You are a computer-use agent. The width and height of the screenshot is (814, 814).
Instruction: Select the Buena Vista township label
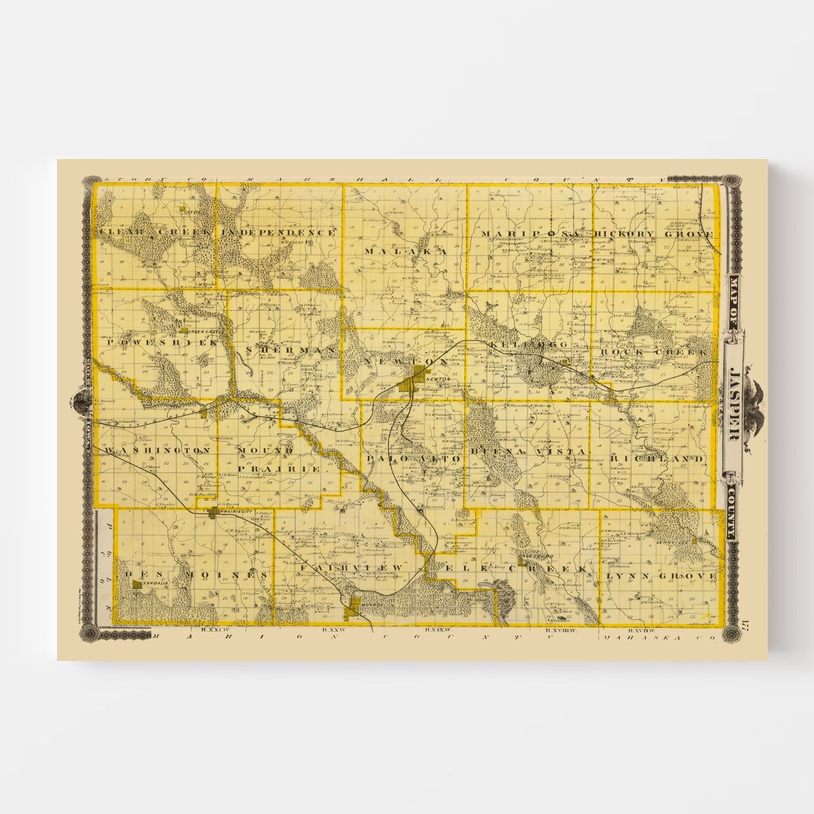pos(529,451)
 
